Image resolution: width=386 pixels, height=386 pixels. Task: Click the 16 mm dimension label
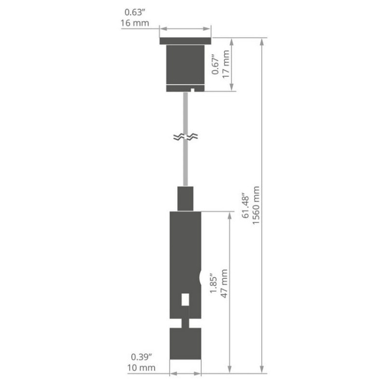click(x=135, y=24)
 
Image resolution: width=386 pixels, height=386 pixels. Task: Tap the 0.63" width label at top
click(x=136, y=11)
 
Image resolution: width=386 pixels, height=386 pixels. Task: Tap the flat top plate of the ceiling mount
click(x=185, y=41)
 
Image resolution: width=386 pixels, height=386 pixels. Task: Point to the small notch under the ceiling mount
click(x=191, y=91)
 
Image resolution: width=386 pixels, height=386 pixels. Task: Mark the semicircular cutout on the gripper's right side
click(x=200, y=278)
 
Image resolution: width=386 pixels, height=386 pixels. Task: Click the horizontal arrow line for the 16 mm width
click(x=185, y=29)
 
